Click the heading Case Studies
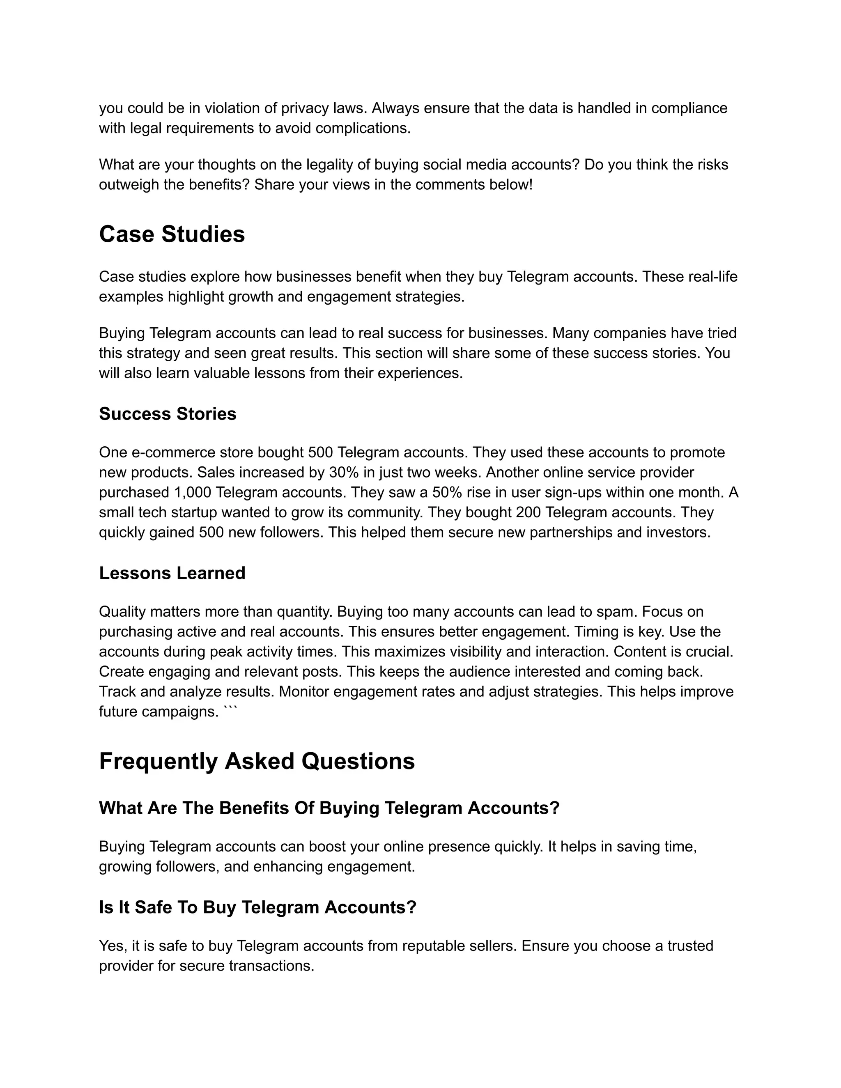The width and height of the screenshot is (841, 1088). click(172, 234)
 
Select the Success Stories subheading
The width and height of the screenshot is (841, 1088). click(168, 414)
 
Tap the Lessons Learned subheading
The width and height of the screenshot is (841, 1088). click(172, 574)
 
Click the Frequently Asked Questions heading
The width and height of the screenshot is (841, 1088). click(257, 762)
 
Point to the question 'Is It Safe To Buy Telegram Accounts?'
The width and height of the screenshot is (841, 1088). click(257, 907)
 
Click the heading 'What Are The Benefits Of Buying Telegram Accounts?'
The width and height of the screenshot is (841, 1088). click(329, 808)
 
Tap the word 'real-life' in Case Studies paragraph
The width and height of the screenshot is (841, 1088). click(715, 276)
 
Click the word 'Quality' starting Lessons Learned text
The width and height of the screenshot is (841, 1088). click(122, 612)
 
